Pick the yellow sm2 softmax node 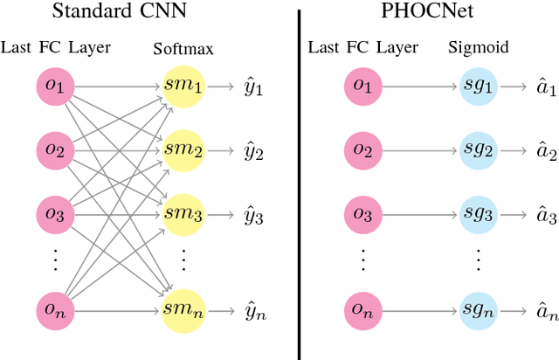[183, 150]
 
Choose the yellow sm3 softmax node [183, 212]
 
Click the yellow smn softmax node [183, 309]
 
